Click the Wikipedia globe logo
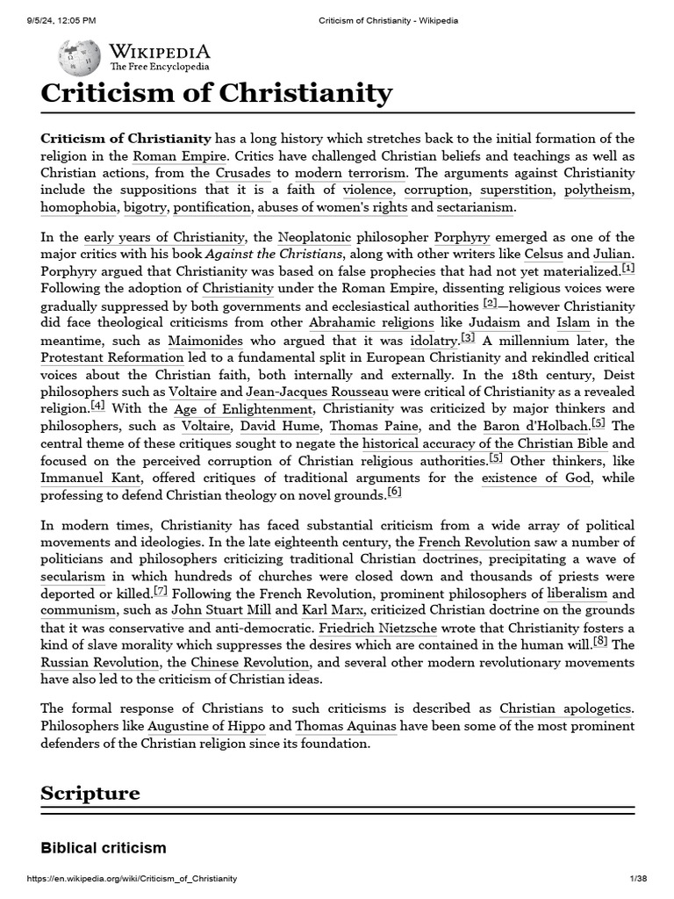coord(79,57)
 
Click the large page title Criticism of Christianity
coord(216,92)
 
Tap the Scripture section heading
coord(90,793)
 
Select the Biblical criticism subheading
coord(103,848)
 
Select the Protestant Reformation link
coord(112,357)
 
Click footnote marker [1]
coord(627,268)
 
